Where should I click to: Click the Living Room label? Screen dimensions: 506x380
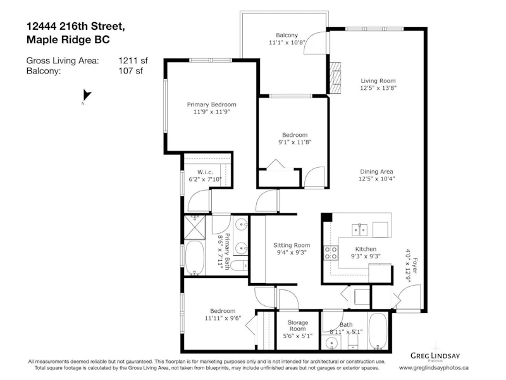tap(378, 81)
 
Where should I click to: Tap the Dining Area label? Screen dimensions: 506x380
tap(376, 172)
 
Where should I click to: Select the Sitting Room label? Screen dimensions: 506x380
tap(292, 245)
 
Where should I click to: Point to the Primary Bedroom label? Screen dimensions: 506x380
tap(211, 104)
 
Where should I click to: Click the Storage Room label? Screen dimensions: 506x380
tap(297, 326)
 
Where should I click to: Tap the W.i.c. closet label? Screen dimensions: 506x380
tap(205, 172)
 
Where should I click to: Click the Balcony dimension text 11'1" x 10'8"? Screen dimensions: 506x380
tap(287, 42)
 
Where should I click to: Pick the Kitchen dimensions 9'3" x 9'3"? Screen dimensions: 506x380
tap(366, 256)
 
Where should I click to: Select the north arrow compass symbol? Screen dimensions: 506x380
tap(87, 96)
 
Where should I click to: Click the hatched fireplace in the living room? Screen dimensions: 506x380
tap(335, 78)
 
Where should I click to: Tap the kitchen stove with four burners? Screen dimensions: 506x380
tap(331, 253)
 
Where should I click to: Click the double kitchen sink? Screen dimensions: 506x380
tap(359, 230)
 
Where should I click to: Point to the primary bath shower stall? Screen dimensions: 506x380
tap(195, 227)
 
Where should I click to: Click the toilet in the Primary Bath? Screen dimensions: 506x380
tap(240, 265)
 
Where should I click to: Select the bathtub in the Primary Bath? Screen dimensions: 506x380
tap(195, 258)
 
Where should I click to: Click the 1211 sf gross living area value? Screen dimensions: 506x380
tap(133, 60)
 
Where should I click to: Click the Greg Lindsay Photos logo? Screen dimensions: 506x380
tap(435, 357)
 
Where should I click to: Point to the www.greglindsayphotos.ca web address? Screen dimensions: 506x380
tap(434, 368)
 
